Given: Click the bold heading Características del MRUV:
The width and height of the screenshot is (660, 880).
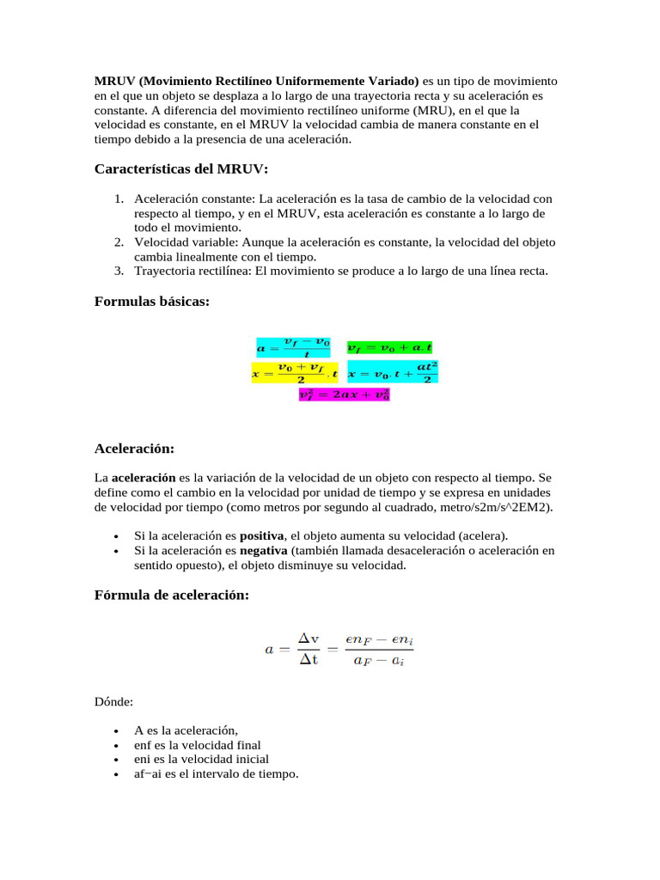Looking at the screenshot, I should [181, 168].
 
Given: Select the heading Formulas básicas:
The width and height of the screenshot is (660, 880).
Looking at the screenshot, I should [151, 301].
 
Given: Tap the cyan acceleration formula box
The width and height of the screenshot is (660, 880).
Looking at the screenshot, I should [293, 347].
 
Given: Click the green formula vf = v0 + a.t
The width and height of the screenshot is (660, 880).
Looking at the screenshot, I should [390, 348].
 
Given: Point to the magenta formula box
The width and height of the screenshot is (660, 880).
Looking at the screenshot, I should [344, 394].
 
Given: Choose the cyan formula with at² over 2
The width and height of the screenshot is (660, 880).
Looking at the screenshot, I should [393, 372].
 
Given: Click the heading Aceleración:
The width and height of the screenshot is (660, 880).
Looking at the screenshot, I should [134, 449].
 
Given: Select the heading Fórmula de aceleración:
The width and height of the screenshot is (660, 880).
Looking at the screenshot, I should [172, 596].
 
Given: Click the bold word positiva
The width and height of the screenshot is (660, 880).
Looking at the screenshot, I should [261, 535].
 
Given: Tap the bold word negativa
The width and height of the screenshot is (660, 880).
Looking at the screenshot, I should [264, 550].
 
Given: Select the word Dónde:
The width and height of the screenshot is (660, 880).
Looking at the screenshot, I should [113, 702].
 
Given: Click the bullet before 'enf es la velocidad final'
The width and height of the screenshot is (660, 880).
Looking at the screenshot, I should [114, 746].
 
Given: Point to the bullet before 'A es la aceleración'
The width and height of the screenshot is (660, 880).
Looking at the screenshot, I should [114, 731].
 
